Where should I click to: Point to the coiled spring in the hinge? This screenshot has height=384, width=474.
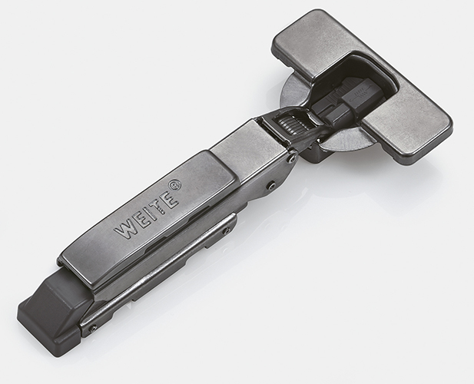coord(290,124)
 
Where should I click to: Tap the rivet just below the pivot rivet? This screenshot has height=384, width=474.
coord(272,185)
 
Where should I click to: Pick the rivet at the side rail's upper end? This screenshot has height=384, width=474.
coord(227,231)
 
